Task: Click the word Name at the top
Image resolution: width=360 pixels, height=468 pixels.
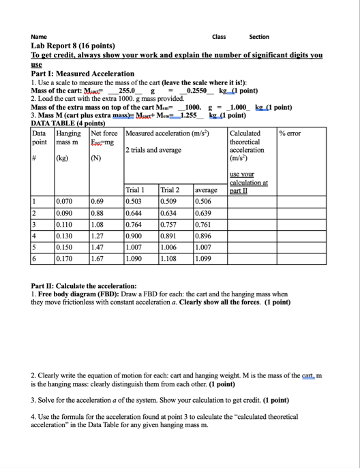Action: click(x=39, y=37)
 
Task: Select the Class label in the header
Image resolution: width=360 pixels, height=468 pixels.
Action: click(x=219, y=37)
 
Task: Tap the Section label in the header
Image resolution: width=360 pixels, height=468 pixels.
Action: click(x=259, y=37)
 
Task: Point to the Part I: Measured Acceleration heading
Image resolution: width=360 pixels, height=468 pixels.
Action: click(x=82, y=74)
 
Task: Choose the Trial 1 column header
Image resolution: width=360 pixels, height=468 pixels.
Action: click(x=135, y=190)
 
